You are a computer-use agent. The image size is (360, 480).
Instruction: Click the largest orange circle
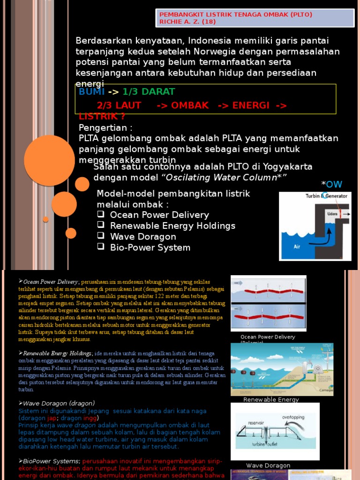click(49, 160)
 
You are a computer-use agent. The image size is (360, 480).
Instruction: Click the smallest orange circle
click(45, 219)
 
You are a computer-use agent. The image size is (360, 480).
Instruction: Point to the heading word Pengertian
click(103, 128)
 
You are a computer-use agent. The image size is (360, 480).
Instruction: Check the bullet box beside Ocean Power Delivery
click(100, 214)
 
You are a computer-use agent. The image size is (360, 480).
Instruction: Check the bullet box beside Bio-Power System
click(100, 247)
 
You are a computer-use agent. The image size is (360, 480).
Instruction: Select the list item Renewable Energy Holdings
click(172, 225)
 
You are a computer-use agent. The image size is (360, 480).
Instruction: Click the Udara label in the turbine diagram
click(332, 214)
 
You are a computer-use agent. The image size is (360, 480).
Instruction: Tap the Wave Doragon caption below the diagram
click(268, 465)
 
